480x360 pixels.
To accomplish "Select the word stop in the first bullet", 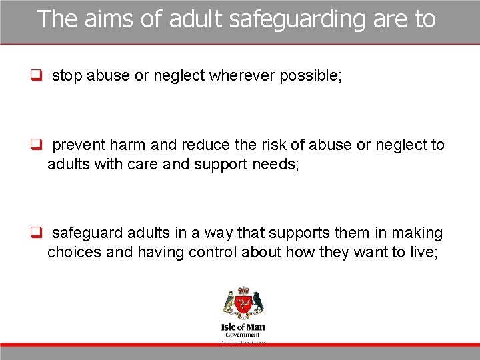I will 67,76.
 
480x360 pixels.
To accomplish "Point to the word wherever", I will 242,76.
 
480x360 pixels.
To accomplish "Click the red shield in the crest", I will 243,306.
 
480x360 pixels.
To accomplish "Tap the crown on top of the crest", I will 243,291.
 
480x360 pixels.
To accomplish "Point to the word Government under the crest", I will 243,335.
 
